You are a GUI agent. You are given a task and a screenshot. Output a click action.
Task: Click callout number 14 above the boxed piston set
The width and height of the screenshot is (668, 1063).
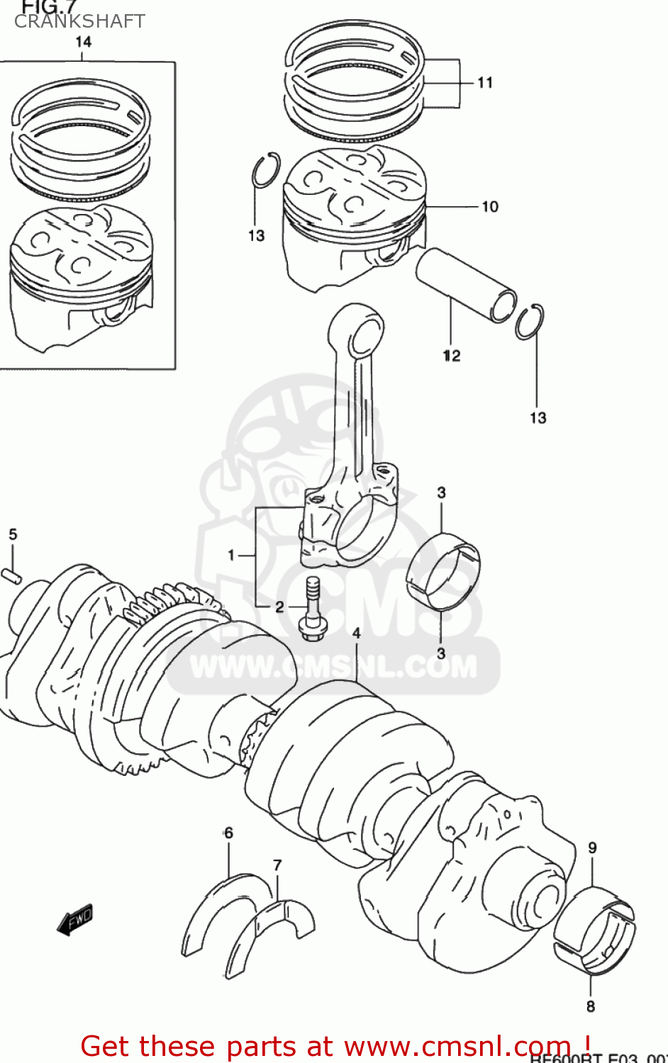click(84, 42)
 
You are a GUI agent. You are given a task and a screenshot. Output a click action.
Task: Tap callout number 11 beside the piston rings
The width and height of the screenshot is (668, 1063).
click(485, 83)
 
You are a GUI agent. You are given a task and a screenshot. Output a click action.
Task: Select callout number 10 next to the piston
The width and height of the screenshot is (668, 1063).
click(490, 207)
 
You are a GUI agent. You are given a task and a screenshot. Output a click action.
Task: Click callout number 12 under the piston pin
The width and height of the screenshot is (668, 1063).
click(452, 356)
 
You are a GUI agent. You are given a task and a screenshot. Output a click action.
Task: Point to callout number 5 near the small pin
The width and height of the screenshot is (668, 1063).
click(13, 534)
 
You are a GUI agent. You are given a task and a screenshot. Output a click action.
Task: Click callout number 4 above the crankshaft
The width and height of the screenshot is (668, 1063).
click(356, 633)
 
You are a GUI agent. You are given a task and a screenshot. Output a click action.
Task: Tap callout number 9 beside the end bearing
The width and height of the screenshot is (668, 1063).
click(592, 847)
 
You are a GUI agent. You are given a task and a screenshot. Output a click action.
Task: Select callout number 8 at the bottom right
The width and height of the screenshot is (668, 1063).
click(591, 1006)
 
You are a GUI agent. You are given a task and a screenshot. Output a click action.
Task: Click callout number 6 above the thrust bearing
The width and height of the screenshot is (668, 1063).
click(228, 833)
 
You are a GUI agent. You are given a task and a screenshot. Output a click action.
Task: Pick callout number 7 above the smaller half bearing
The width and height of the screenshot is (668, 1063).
click(277, 865)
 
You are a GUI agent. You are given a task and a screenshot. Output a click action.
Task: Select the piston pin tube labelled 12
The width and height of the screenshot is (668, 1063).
click(464, 283)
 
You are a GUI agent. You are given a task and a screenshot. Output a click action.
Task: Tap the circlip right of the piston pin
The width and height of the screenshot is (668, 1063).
click(530, 322)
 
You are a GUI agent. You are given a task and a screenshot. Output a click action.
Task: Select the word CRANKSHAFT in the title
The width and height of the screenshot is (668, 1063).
click(79, 21)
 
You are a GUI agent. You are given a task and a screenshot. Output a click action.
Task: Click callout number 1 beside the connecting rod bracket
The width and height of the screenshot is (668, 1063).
click(231, 555)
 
